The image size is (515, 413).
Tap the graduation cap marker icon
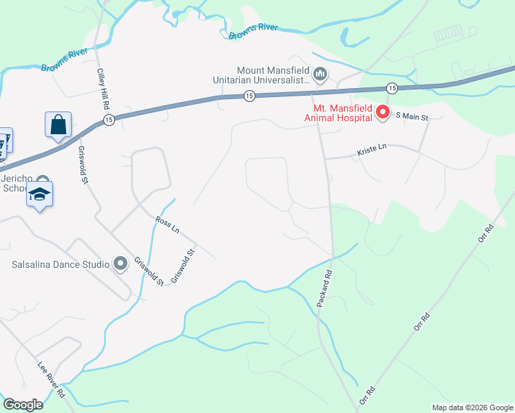coord(40,195)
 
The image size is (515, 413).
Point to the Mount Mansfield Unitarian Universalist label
coord(273,76)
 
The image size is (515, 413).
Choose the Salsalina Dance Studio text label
coord(61,264)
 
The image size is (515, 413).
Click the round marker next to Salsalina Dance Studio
coord(120,264)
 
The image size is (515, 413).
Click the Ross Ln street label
coord(167,226)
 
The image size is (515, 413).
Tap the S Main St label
coord(412,118)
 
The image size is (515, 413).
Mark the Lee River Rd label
coord(51,379)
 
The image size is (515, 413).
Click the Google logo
coord(23,405)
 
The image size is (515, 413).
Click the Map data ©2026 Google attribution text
coord(472,407)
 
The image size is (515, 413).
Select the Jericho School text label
coord(15,182)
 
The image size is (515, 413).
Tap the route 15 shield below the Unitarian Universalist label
coord(249,96)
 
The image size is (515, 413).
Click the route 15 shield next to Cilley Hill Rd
coord(108,120)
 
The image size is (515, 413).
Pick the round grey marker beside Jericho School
coord(43,180)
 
